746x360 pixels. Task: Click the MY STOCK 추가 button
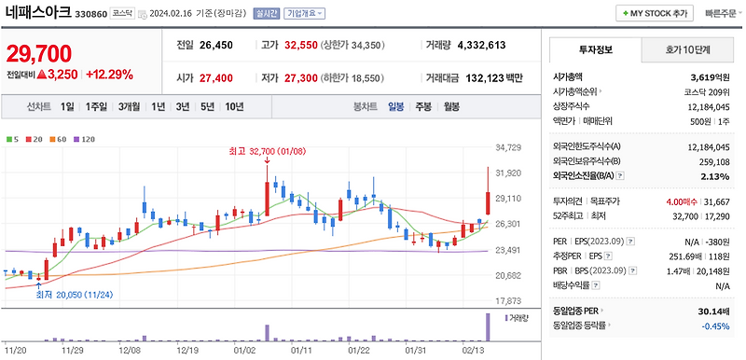pos(653,14)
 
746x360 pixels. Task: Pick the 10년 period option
pos(234,106)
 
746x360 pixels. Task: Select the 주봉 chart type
pos(423,106)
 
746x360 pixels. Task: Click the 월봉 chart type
pos(451,106)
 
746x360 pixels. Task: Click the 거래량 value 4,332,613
pos(478,45)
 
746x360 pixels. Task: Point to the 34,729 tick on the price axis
pos(508,147)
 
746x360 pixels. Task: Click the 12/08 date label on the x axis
pos(131,352)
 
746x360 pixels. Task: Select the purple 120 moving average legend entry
pos(86,139)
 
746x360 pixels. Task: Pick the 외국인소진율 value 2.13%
pos(714,175)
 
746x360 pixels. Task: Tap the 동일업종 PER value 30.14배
pos(711,311)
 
